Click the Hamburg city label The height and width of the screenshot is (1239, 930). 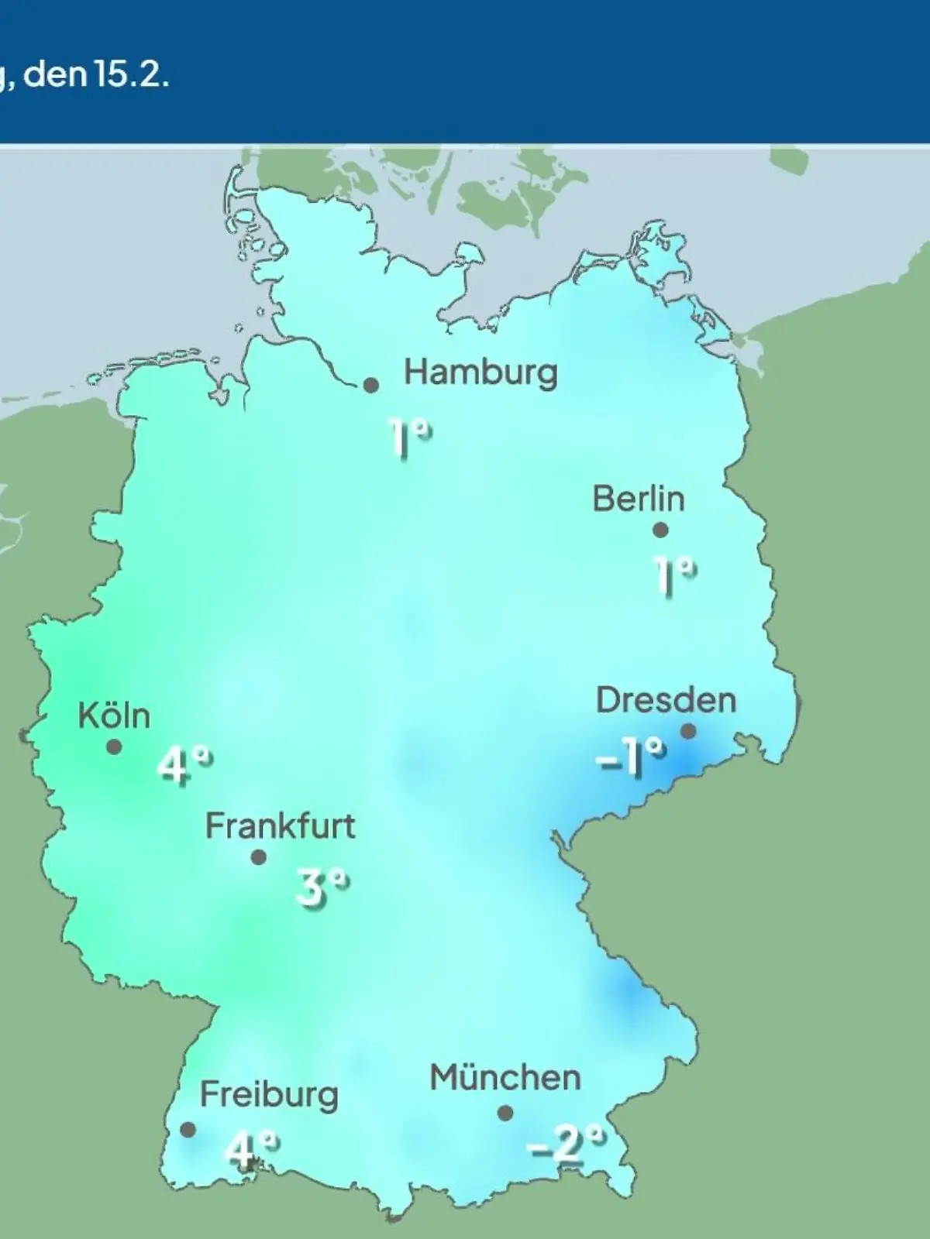click(480, 373)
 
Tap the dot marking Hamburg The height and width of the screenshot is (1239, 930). click(371, 385)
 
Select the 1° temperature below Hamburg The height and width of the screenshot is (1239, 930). click(409, 439)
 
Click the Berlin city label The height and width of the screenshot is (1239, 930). click(639, 499)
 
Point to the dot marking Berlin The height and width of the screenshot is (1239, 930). click(660, 530)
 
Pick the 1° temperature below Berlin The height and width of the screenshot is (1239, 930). click(673, 576)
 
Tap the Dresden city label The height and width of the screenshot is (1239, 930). click(666, 701)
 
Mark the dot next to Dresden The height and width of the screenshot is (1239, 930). click(688, 731)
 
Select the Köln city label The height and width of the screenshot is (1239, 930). click(114, 716)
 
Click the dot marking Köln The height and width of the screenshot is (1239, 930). click(114, 747)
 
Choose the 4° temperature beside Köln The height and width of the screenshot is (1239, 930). click(184, 766)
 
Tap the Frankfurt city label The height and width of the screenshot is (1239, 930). click(280, 826)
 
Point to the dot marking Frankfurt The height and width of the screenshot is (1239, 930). click(259, 857)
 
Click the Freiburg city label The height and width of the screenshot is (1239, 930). click(269, 1095)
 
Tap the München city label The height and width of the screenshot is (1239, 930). click(505, 1078)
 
